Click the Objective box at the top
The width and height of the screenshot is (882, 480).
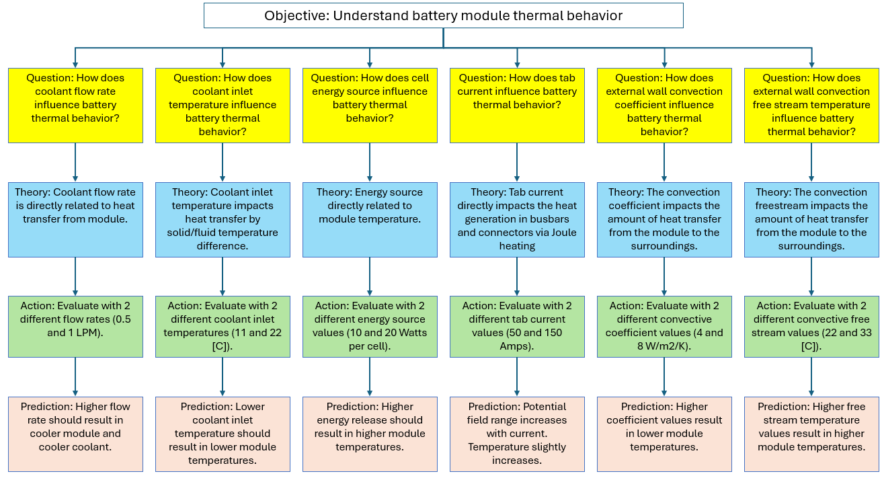point(444,15)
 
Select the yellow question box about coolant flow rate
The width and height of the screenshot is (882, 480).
point(75,105)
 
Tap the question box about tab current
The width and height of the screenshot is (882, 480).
point(517,105)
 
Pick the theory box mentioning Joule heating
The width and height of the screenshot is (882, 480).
point(517,219)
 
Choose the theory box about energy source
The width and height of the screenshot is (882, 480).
point(370,219)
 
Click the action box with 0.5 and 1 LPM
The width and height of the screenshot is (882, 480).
point(75,327)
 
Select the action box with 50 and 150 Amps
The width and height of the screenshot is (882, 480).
point(517,327)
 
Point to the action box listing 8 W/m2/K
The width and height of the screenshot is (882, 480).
point(664,327)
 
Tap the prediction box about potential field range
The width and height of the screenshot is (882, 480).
point(517,434)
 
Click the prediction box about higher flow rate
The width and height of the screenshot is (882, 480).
point(75,434)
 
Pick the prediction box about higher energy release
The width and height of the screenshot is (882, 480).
point(370,434)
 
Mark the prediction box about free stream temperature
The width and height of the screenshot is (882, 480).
point(811,434)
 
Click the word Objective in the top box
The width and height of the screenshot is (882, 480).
point(295,15)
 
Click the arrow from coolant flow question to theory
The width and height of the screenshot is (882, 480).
point(75,162)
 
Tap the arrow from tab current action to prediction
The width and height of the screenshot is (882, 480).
point(517,376)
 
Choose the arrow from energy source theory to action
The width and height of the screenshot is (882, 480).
point(370,276)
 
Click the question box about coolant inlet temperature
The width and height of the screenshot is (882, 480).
point(223,105)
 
